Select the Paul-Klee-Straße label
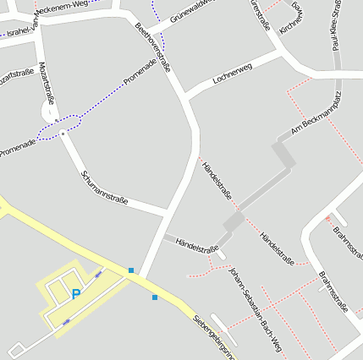click(x=336, y=25)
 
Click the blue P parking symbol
click(x=76, y=294)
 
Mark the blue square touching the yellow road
click(x=131, y=270)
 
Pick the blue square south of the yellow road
click(x=154, y=297)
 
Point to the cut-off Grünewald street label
click(x=191, y=11)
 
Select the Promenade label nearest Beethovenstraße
click(x=140, y=74)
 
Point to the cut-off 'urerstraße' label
click(x=261, y=15)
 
